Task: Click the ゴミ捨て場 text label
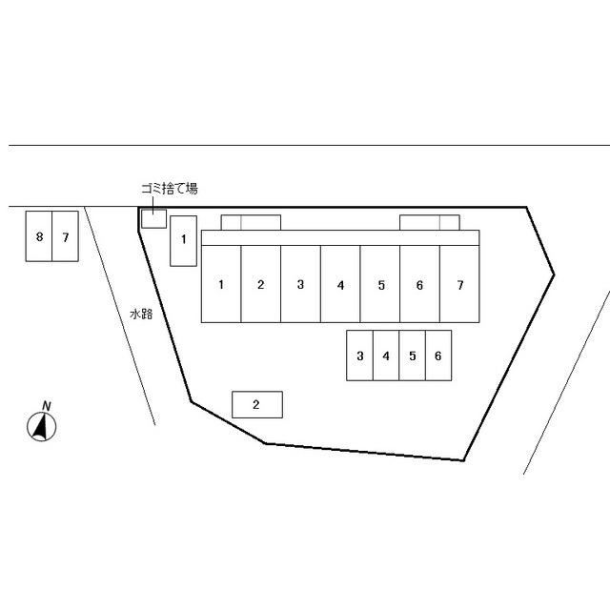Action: point(170,189)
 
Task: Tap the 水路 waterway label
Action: point(141,314)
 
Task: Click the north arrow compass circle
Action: point(42,427)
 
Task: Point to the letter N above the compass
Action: point(47,406)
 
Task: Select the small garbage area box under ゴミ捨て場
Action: point(153,218)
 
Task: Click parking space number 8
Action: point(39,236)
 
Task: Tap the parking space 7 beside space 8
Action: point(66,236)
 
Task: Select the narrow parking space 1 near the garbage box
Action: point(183,241)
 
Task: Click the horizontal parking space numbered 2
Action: point(257,404)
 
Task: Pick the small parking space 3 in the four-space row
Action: point(360,356)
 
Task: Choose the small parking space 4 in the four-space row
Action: point(386,356)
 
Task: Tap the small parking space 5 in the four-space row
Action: point(413,356)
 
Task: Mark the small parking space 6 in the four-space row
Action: point(438,356)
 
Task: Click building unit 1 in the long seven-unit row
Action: point(221,284)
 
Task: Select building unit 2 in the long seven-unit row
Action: point(260,284)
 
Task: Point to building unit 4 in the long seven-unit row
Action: point(340,284)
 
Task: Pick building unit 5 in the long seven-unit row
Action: point(380,284)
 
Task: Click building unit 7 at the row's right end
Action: point(459,284)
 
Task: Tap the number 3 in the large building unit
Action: point(300,285)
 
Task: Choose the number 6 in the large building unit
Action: point(419,285)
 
